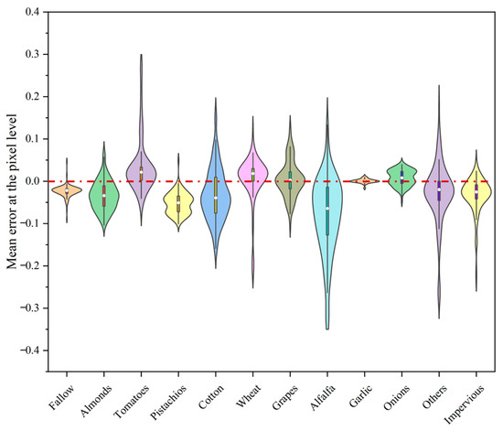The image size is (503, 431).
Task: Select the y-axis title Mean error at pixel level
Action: coord(13,182)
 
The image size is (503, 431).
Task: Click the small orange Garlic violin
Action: coord(365,180)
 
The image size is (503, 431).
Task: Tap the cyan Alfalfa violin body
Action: coord(327,210)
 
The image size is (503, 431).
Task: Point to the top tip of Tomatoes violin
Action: coord(141,55)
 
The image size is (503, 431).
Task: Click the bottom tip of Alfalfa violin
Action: coord(327,328)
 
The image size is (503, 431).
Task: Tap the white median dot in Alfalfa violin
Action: coord(327,209)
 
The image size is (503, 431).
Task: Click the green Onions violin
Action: coord(401,175)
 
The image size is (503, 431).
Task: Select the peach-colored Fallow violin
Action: coord(66,191)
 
